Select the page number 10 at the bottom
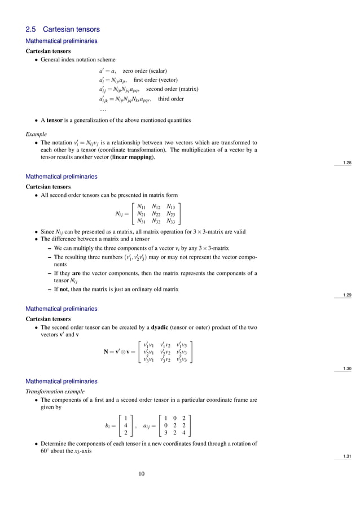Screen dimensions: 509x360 point(142,473)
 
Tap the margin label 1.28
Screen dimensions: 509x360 point(347,163)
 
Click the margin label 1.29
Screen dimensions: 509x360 point(347,295)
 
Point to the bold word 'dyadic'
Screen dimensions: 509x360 point(160,327)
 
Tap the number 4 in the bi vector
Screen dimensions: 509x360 point(124,426)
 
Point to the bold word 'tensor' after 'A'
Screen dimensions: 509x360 point(55,120)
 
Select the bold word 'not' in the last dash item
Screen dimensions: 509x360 point(64,289)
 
